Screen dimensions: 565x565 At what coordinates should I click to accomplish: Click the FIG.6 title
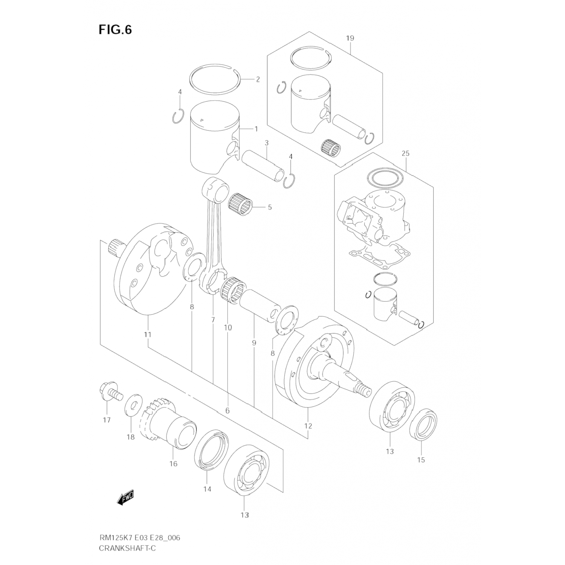(x=115, y=30)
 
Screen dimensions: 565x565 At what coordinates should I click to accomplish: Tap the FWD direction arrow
(x=125, y=498)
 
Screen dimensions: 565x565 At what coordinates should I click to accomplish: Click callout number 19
(x=350, y=38)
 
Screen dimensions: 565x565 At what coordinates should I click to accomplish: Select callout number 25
(x=405, y=153)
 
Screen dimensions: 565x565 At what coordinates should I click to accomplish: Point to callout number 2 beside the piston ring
(x=258, y=79)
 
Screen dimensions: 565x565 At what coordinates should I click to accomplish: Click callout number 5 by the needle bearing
(x=270, y=207)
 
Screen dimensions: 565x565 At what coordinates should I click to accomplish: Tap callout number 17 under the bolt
(x=107, y=420)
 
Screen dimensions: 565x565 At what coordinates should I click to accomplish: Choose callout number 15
(x=421, y=460)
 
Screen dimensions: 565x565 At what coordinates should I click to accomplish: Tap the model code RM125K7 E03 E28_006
(x=139, y=538)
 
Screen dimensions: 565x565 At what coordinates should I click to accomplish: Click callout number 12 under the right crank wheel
(x=308, y=426)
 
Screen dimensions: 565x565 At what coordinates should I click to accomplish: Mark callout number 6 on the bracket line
(x=227, y=411)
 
